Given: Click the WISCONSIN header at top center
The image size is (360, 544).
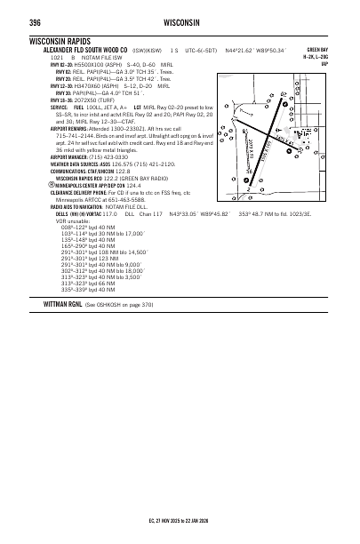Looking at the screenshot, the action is click(x=180, y=21).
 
